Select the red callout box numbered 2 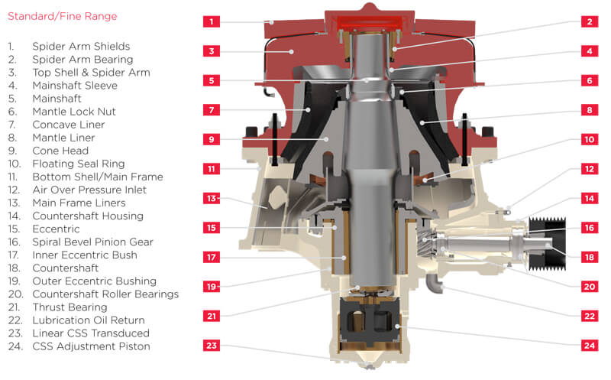tap(589, 21)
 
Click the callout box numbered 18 tap(589, 257)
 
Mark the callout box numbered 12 tap(589, 169)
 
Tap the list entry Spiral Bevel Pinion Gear tap(92, 242)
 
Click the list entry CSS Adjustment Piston tap(90, 346)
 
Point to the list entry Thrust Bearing tap(69, 307)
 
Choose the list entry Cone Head tap(59, 151)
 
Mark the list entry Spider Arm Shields tap(80, 47)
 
